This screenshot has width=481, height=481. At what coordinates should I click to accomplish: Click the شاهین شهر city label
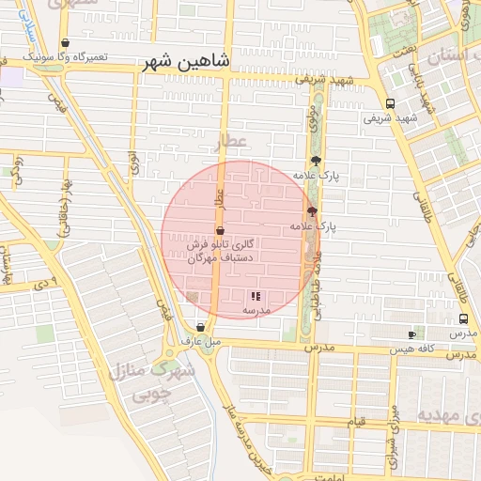pos(185,63)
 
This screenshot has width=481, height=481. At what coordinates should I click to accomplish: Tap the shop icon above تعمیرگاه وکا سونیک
pos(64,42)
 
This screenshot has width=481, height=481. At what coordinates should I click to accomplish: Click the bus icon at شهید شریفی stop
pos(390,104)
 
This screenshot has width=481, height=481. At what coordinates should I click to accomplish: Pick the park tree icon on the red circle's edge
pos(312,211)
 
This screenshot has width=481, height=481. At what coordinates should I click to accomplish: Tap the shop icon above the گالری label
pos(220,230)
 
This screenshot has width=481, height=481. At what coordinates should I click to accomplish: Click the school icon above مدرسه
pos(256,296)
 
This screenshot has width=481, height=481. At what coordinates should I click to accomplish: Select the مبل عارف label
pos(203,341)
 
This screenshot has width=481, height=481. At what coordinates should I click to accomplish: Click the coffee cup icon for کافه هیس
pos(411,334)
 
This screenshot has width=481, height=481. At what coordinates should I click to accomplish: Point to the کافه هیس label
pos(424,349)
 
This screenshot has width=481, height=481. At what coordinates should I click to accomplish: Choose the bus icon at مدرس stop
pos(463,318)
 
